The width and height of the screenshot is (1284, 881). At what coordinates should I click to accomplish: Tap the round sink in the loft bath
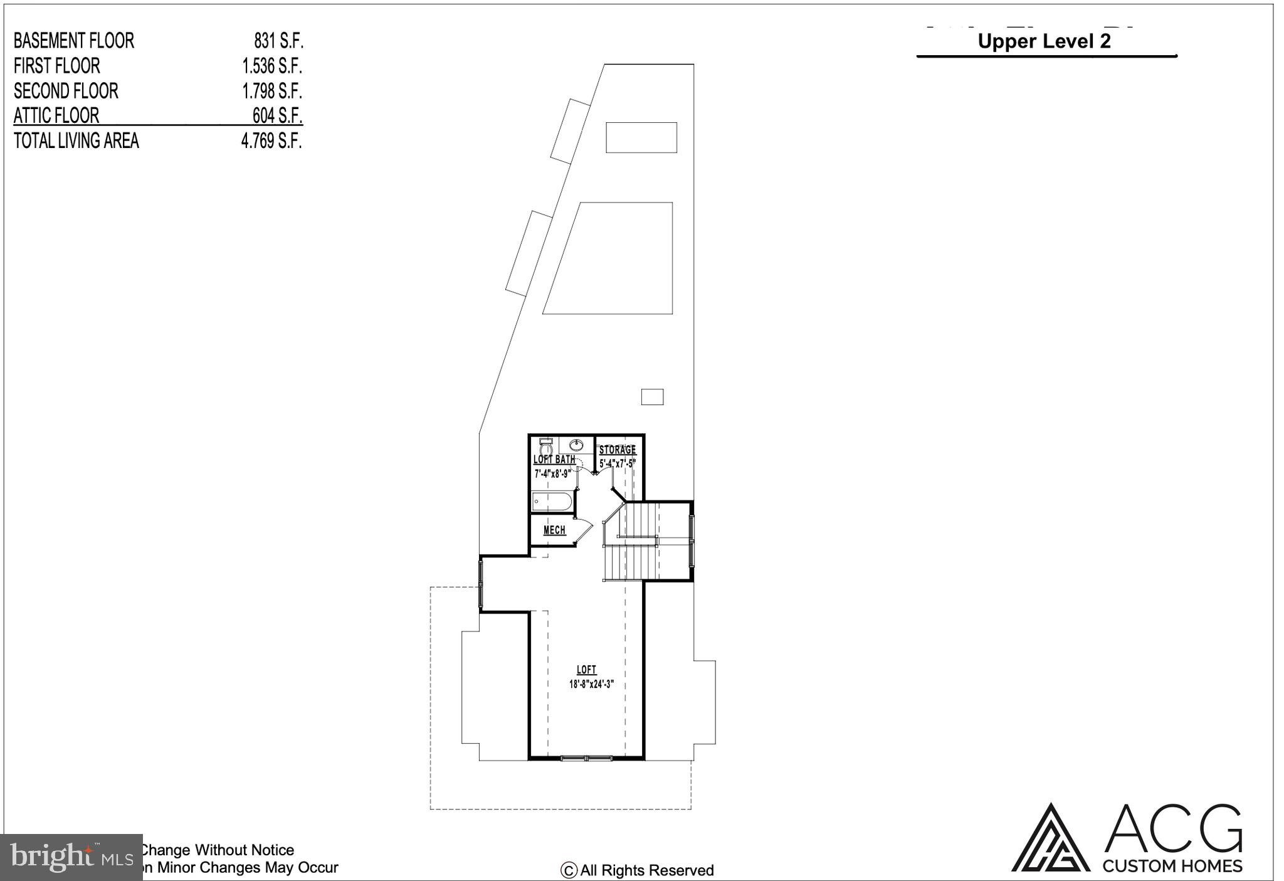click(x=576, y=445)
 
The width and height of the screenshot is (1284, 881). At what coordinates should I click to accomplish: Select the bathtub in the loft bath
click(x=552, y=502)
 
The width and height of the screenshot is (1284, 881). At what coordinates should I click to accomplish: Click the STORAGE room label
click(x=618, y=450)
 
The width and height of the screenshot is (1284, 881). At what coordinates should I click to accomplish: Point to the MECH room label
click(x=554, y=530)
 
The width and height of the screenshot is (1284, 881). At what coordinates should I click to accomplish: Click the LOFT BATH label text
click(x=554, y=460)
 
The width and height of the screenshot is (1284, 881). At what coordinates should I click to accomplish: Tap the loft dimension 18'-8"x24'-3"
click(x=591, y=684)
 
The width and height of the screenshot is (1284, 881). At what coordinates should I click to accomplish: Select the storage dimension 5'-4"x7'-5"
click(x=618, y=463)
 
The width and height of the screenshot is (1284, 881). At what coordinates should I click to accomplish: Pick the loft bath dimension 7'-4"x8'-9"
click(x=552, y=473)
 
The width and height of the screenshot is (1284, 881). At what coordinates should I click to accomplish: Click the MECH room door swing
click(x=584, y=530)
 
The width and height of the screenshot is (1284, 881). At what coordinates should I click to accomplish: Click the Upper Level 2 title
click(x=1044, y=41)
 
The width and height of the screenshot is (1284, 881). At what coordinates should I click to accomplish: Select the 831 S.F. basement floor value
click(x=278, y=41)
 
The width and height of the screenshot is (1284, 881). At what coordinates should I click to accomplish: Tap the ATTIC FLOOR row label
click(x=56, y=116)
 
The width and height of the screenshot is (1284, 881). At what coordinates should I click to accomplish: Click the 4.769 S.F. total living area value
click(x=271, y=141)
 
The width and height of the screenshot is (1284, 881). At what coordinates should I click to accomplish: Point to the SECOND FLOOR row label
click(x=66, y=91)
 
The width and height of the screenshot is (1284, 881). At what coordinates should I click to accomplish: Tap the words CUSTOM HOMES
click(x=1172, y=866)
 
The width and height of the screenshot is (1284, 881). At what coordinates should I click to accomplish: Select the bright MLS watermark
click(x=71, y=857)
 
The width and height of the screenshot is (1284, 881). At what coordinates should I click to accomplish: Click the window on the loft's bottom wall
click(x=586, y=759)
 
